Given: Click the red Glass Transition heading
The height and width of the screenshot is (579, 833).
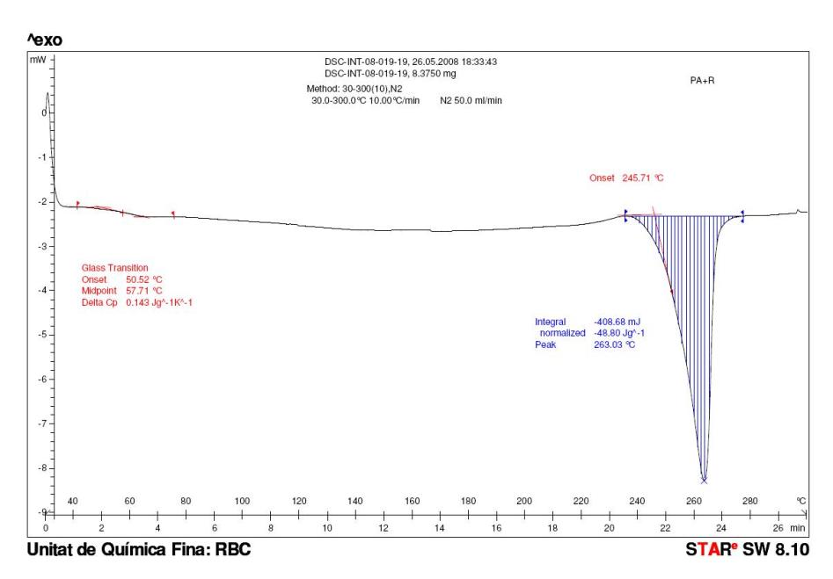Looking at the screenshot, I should pyautogui.click(x=114, y=267).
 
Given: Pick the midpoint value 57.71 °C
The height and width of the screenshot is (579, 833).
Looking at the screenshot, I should pyautogui.click(x=144, y=290).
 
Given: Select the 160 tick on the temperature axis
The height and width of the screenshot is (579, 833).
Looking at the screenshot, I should pyautogui.click(x=412, y=501).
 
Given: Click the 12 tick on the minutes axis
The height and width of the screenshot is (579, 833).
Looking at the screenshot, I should pyautogui.click(x=383, y=528).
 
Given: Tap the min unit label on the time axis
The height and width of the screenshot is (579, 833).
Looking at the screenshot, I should pyautogui.click(x=798, y=528).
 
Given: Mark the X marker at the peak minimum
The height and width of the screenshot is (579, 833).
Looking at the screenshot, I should pyautogui.click(x=704, y=481).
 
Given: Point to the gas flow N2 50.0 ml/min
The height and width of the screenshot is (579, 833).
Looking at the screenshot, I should pyautogui.click(x=471, y=100).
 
